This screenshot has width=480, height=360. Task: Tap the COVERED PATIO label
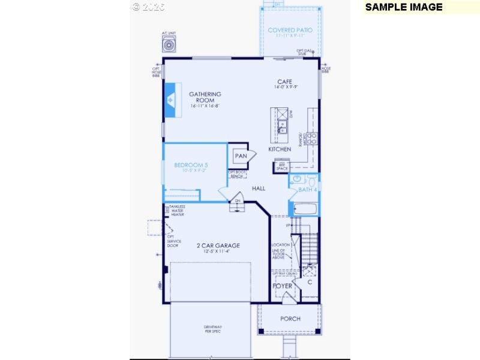click(x=294, y=30)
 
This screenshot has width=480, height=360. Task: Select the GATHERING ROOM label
click(x=205, y=97)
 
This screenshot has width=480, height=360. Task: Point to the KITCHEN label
click(x=280, y=149)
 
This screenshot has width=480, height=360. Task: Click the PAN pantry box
click(x=241, y=156)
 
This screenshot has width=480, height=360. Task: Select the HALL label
click(x=259, y=188)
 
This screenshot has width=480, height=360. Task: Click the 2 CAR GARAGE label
click(x=218, y=245)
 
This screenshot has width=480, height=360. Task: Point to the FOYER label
click(x=283, y=286)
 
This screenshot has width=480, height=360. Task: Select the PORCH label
click(x=290, y=319)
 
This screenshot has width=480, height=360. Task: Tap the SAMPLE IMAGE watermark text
click(x=404, y=7)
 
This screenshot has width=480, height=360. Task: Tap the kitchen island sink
click(x=281, y=126)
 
